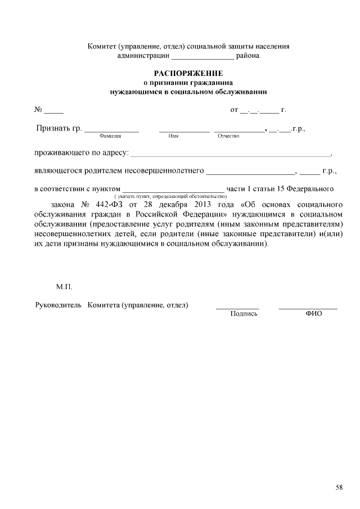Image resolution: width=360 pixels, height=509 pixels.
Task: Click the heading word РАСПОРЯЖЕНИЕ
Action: click(x=188, y=74)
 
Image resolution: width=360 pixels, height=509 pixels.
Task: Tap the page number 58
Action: click(x=339, y=487)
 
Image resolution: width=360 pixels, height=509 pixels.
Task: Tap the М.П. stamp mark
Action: click(x=64, y=287)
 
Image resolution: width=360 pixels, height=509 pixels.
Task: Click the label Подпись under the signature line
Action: click(x=244, y=314)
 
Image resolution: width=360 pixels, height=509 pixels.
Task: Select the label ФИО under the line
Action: click(x=313, y=314)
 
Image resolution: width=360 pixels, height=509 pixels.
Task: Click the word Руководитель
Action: click(x=55, y=305)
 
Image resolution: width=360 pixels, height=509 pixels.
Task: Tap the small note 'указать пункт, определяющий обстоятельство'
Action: click(x=170, y=196)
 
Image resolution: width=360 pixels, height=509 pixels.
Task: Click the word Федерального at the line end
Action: click(x=310, y=188)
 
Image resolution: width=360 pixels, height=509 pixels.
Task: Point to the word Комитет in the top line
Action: click(x=101, y=47)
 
